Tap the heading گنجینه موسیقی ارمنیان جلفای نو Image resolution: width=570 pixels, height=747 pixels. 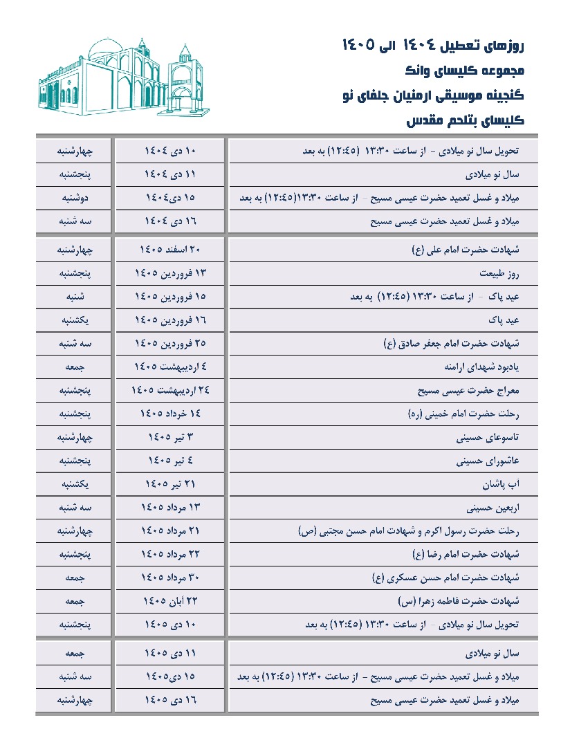point(434,95)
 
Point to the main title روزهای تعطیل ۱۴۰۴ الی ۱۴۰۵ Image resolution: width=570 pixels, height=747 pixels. point(434,46)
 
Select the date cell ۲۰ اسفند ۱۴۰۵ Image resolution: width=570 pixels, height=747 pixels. point(170,250)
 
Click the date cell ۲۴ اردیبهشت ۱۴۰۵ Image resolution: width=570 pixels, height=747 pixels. point(170,391)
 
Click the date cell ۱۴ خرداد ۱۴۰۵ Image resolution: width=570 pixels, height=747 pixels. point(170,414)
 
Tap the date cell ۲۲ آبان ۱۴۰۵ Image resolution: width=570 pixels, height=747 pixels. point(170,601)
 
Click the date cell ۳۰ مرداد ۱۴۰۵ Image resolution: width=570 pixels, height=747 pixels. point(170,578)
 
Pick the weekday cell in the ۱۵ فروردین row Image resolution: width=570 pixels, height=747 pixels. point(74,297)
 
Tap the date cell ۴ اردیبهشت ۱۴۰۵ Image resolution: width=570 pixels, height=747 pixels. point(170,367)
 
